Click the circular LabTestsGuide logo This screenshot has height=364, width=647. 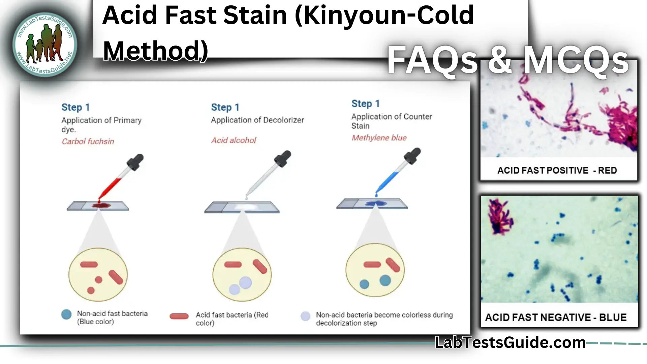[45, 44]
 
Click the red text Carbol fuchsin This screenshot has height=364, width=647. [88, 141]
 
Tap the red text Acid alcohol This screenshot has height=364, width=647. [234, 140]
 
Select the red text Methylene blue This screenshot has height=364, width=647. [379, 138]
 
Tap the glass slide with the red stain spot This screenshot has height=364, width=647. [98, 206]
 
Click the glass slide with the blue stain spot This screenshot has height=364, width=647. [372, 204]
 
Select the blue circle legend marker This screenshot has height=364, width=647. [66, 314]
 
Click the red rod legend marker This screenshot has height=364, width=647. [179, 316]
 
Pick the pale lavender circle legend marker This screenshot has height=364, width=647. [305, 316]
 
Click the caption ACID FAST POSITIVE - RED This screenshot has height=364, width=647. [557, 170]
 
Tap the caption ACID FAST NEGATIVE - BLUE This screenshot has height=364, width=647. [556, 317]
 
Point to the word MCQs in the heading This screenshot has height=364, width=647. [576, 61]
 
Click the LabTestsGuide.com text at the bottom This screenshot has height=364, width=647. [510, 342]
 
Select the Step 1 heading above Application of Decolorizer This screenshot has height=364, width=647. [225, 107]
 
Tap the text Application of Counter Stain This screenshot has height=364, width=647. [391, 121]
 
